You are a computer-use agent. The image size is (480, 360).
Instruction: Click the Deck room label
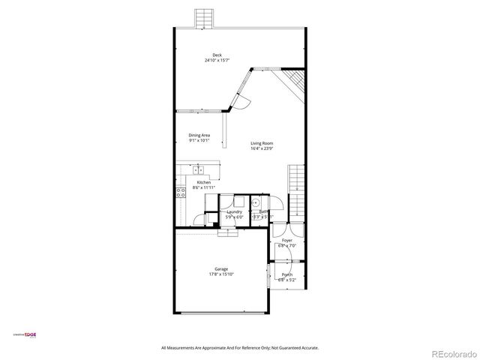(217, 55)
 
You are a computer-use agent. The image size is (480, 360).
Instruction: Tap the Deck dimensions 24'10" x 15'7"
(217, 60)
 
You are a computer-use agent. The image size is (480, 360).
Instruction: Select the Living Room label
(262, 142)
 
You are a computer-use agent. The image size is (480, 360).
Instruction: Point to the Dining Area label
(199, 135)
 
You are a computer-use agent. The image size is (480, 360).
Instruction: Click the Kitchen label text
(203, 182)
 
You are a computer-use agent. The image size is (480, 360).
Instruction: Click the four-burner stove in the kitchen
(181, 191)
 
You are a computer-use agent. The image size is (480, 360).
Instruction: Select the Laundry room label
(234, 212)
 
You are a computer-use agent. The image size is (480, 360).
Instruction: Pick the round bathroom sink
(256, 202)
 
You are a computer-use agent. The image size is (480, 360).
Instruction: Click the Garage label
(221, 268)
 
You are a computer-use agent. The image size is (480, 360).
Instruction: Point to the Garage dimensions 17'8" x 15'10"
(221, 274)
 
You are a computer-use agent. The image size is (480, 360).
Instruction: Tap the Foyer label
(287, 240)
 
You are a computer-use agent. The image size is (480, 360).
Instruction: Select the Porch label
(287, 274)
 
